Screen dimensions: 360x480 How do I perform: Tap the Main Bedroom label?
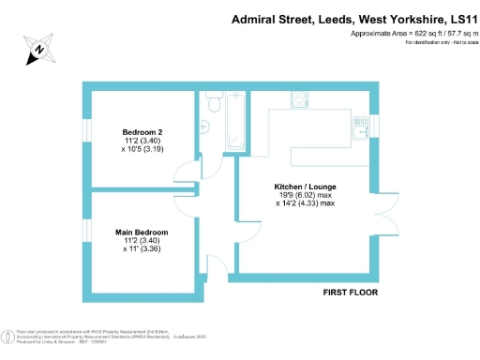point(142,232)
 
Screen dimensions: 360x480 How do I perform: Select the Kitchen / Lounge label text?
point(306,187)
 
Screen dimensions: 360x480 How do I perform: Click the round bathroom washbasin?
point(203,127)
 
